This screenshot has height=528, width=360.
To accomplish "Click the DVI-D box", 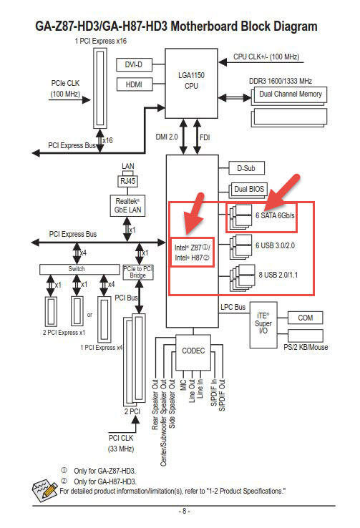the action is click(134, 64).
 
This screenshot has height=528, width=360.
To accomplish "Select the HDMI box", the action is click(134, 84).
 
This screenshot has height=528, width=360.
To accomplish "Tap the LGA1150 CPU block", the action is click(191, 83).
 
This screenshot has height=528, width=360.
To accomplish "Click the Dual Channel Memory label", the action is click(291, 94).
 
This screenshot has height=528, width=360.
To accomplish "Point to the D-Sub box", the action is click(246, 168).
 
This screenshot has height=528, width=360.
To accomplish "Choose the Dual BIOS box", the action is click(249, 190).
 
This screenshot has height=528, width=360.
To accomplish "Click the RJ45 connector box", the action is click(127, 181).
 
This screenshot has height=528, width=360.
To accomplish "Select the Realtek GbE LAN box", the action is click(127, 205).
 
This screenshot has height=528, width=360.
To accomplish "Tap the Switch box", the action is click(79, 269).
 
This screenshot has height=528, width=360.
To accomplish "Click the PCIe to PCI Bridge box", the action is click(138, 272).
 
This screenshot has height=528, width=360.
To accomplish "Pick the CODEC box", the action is click(193, 351).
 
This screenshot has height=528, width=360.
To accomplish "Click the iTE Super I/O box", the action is click(263, 325).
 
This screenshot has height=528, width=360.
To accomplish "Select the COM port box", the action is click(305, 318).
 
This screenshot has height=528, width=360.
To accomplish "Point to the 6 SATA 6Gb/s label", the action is click(275, 215).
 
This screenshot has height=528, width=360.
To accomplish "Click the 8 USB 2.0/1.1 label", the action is click(278, 275).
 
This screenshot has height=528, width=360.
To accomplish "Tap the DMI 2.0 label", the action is click(166, 137).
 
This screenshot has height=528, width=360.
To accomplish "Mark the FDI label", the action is click(205, 137).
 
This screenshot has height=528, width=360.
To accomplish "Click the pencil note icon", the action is click(44, 489).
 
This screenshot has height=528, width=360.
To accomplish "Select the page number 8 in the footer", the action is click(184, 511).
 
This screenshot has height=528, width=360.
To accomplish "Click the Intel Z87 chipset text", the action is click(192, 248).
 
